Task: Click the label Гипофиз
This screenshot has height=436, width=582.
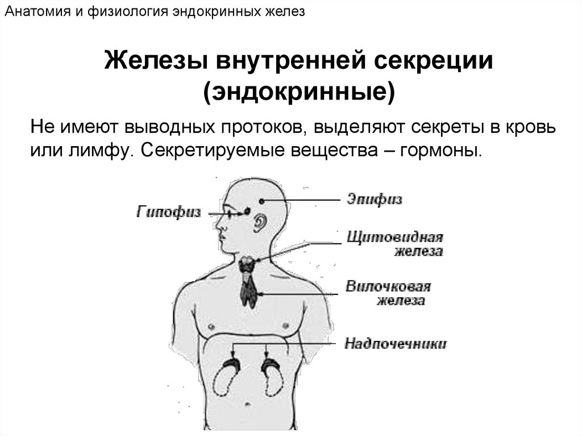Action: tap(169, 213)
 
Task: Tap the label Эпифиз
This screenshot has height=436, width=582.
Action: tap(374, 200)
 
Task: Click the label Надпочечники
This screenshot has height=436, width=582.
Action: tap(396, 343)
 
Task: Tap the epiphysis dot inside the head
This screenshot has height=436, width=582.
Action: tap(261, 201)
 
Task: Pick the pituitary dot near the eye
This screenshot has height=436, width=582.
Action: tap(248, 212)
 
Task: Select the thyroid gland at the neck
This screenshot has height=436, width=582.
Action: tap(247, 264)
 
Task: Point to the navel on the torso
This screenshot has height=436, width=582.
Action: tap(249, 405)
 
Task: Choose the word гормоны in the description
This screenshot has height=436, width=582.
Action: tap(448, 152)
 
